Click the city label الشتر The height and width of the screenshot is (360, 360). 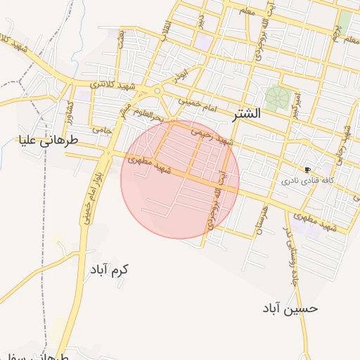244,113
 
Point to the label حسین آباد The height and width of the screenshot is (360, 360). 291,308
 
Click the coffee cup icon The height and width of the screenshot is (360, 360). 307,170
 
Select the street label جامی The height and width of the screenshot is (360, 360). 102,129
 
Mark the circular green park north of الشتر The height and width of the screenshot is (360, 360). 276,96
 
